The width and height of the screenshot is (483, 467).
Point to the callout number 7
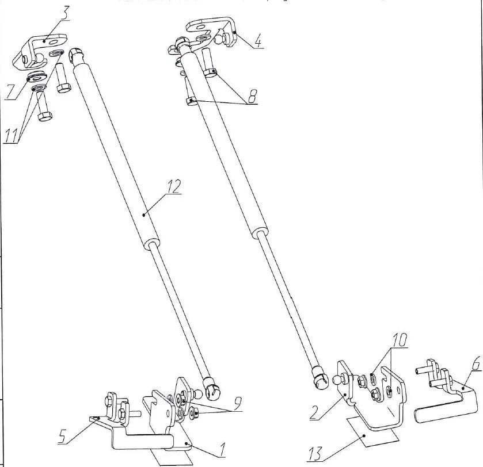(10, 93)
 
